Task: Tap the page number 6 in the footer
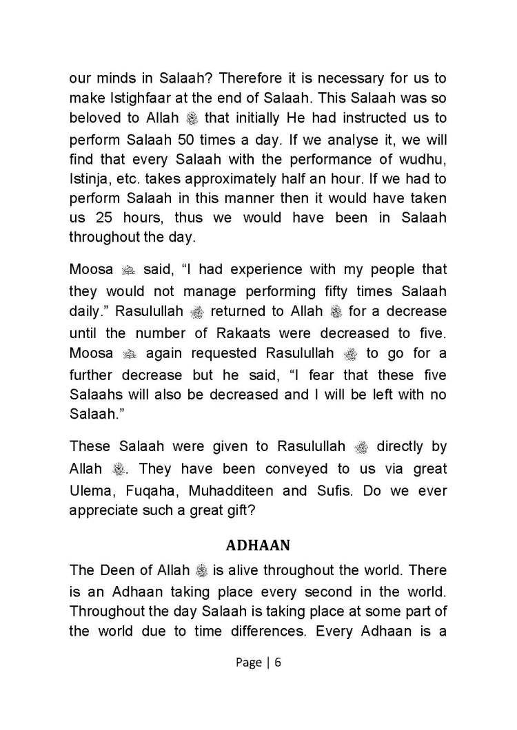278,663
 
